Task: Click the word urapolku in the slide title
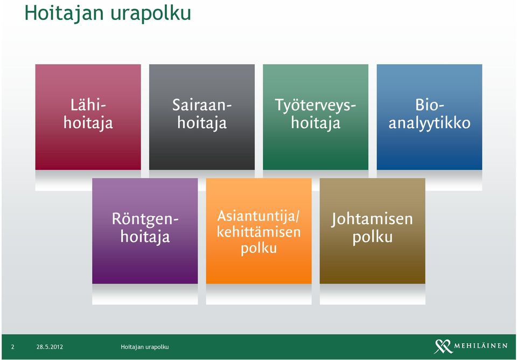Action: pyautogui.click(x=151, y=14)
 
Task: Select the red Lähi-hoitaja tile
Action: pyautogui.click(x=88, y=117)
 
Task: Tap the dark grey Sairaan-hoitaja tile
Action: pyautogui.click(x=202, y=117)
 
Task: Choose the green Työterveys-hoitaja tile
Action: pyautogui.click(x=316, y=117)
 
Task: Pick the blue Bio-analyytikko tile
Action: pyautogui.click(x=429, y=117)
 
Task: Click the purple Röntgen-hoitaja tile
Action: pyautogui.click(x=145, y=231)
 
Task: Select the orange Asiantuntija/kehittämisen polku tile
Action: pyautogui.click(x=259, y=231)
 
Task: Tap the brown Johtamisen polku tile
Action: pyautogui.click(x=373, y=231)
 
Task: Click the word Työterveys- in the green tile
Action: pyautogui.click(x=316, y=106)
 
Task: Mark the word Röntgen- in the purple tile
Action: pyautogui.click(x=145, y=219)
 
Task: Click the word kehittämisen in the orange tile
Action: pyautogui.click(x=259, y=232)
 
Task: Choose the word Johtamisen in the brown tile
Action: pyautogui.click(x=372, y=220)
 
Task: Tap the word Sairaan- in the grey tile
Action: pyautogui.click(x=202, y=106)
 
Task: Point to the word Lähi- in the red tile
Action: pyautogui.click(x=88, y=106)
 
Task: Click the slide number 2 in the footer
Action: pyautogui.click(x=12, y=347)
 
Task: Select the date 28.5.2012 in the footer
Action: pyautogui.click(x=50, y=347)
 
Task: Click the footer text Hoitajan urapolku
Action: pyautogui.click(x=145, y=347)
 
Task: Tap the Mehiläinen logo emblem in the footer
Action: pyautogui.click(x=443, y=347)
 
